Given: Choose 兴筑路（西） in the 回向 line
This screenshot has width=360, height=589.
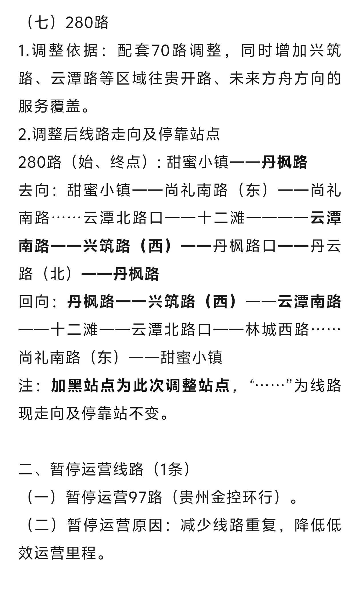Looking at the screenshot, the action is (196, 302).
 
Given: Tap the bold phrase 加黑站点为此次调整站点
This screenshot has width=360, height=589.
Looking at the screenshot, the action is (140, 385).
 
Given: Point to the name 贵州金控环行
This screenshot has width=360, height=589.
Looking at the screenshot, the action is (227, 497).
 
